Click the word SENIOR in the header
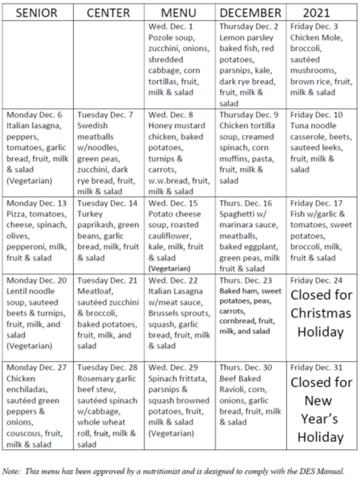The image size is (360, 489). [x=36, y=12]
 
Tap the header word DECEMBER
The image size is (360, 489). [x=251, y=12]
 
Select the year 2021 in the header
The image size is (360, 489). [x=322, y=12]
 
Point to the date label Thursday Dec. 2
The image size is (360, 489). [x=249, y=26]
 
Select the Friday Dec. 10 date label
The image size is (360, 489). [x=319, y=115]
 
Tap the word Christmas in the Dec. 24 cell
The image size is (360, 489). [x=321, y=313]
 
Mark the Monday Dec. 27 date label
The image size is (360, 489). [x=38, y=368]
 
